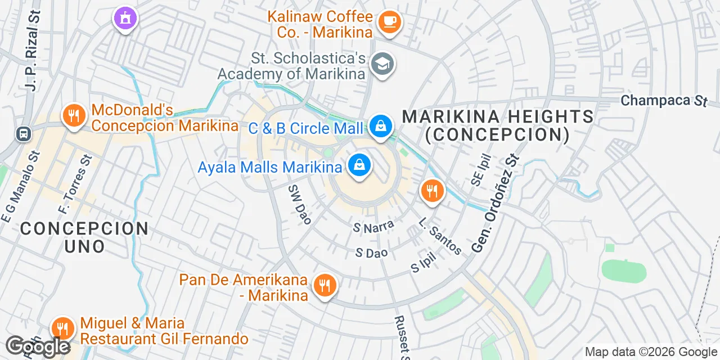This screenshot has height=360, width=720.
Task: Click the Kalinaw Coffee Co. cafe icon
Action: [x=389, y=22]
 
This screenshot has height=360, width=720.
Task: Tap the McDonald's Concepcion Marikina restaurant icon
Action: [x=74, y=116]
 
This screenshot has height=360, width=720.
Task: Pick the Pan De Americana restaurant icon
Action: [x=324, y=285]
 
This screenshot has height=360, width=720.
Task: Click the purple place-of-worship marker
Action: [x=125, y=17]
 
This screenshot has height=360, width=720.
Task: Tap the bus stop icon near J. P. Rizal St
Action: [x=23, y=134]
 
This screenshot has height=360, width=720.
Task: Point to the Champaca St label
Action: [x=664, y=101]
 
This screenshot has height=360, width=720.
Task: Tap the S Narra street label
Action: [x=373, y=227]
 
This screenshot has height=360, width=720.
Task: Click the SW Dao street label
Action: [x=299, y=204]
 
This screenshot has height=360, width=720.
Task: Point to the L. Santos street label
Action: [x=440, y=236]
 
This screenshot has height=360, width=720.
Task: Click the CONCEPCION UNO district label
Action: [x=84, y=237]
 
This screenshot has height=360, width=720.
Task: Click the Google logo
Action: [x=38, y=347]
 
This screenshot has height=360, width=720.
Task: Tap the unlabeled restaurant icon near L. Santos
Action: [x=431, y=192]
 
